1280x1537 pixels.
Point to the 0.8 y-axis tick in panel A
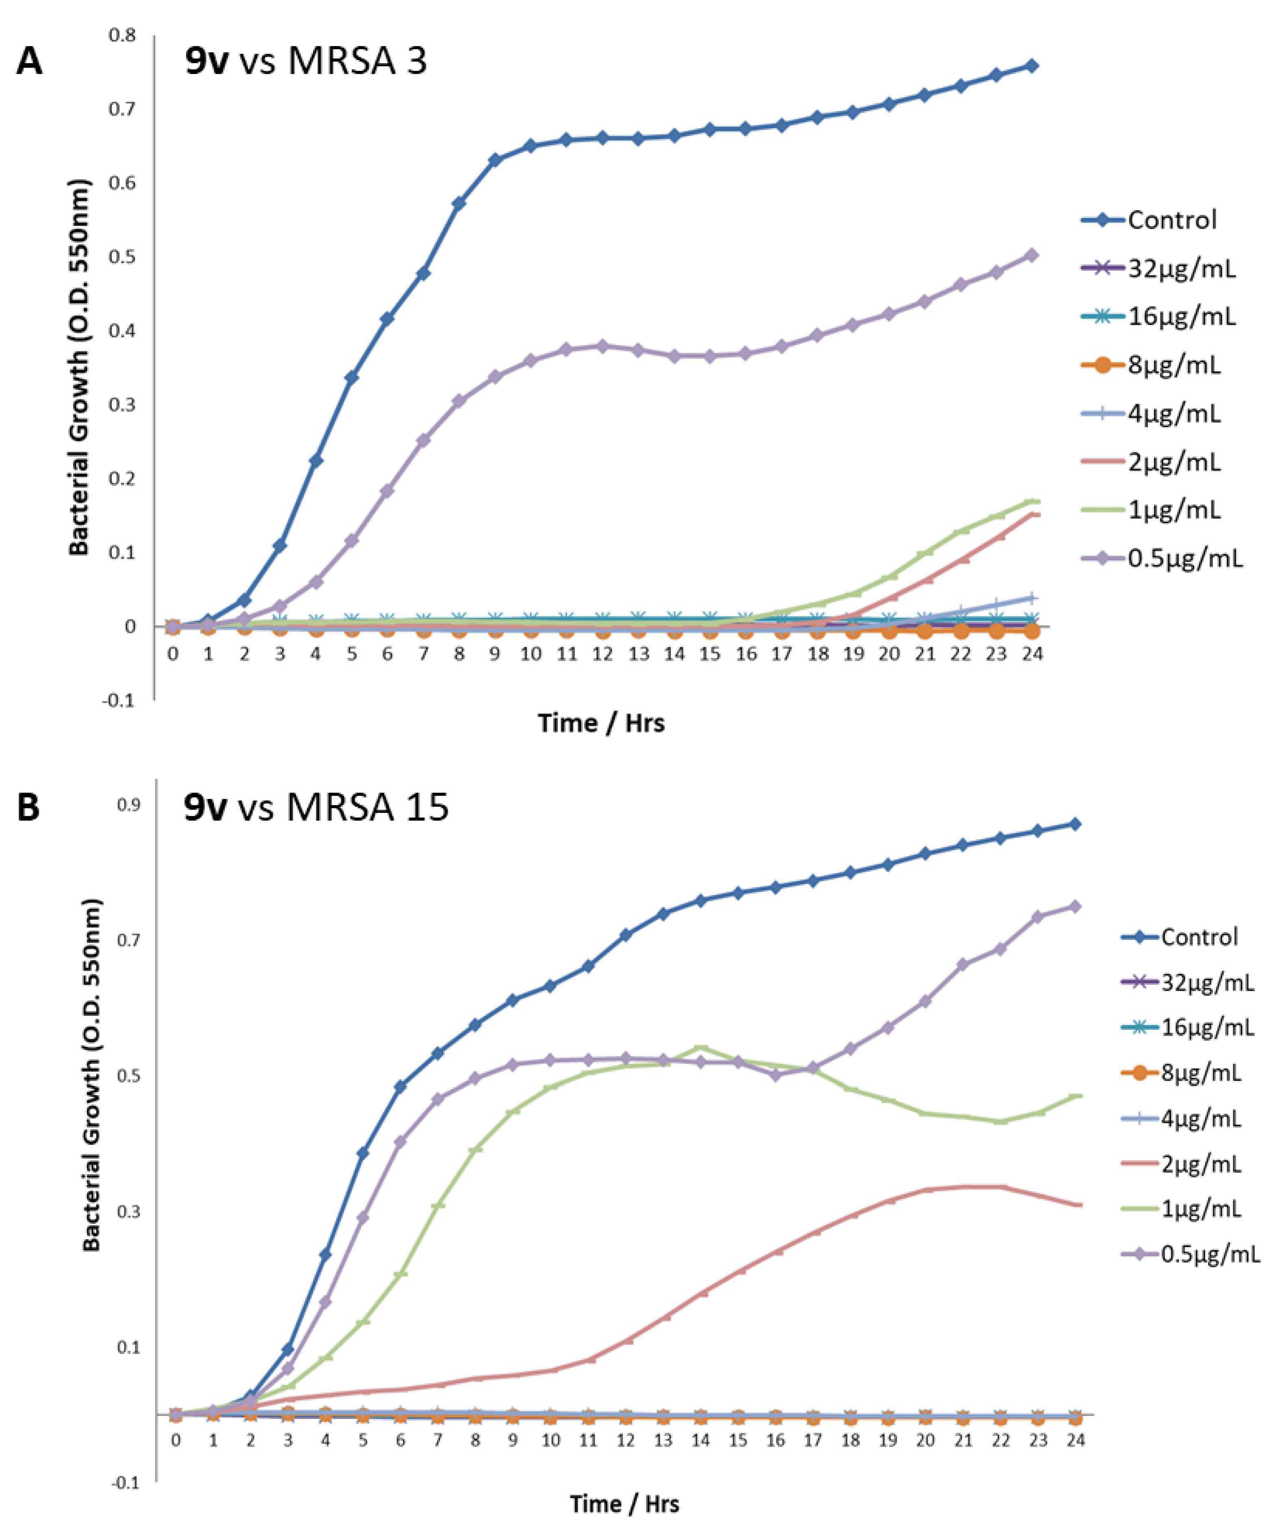click(x=122, y=35)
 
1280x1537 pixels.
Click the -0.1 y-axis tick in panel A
click(x=118, y=701)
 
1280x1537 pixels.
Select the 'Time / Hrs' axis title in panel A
click(x=601, y=723)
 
